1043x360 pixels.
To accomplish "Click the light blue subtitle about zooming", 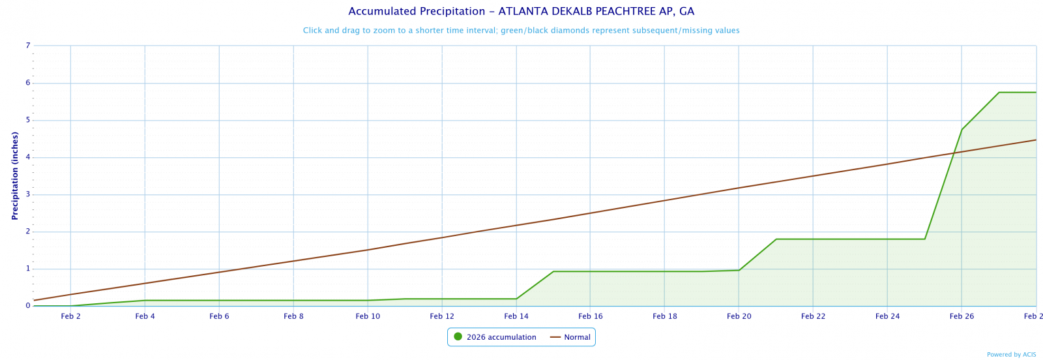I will pyautogui.click(x=521, y=31).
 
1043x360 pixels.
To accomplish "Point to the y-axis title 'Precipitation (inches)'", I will pyautogui.click(x=15, y=175).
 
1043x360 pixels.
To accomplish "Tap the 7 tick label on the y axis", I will pyautogui.click(x=28, y=46).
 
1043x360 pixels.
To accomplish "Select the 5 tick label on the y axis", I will pyautogui.click(x=28, y=120).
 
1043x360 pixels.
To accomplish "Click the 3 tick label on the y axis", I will pyautogui.click(x=28, y=194).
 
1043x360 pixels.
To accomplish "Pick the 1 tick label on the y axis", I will pyautogui.click(x=28, y=269).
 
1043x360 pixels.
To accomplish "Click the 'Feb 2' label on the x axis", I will pyautogui.click(x=70, y=316).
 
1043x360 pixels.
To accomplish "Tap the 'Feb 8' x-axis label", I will pyautogui.click(x=293, y=316).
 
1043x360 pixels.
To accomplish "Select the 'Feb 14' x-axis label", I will pyautogui.click(x=516, y=316).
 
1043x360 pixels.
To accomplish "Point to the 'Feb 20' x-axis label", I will pyautogui.click(x=739, y=316).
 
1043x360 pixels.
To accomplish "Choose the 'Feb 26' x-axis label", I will pyautogui.click(x=962, y=316).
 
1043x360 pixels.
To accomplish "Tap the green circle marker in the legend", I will pyautogui.click(x=458, y=337).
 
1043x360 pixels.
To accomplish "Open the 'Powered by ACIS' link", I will pyautogui.click(x=1011, y=355).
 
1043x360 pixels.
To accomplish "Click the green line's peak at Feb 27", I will pyautogui.click(x=999, y=93).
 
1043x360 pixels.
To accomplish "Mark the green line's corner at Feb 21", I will pyautogui.click(x=776, y=239).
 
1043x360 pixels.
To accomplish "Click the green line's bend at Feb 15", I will pyautogui.click(x=553, y=271).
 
